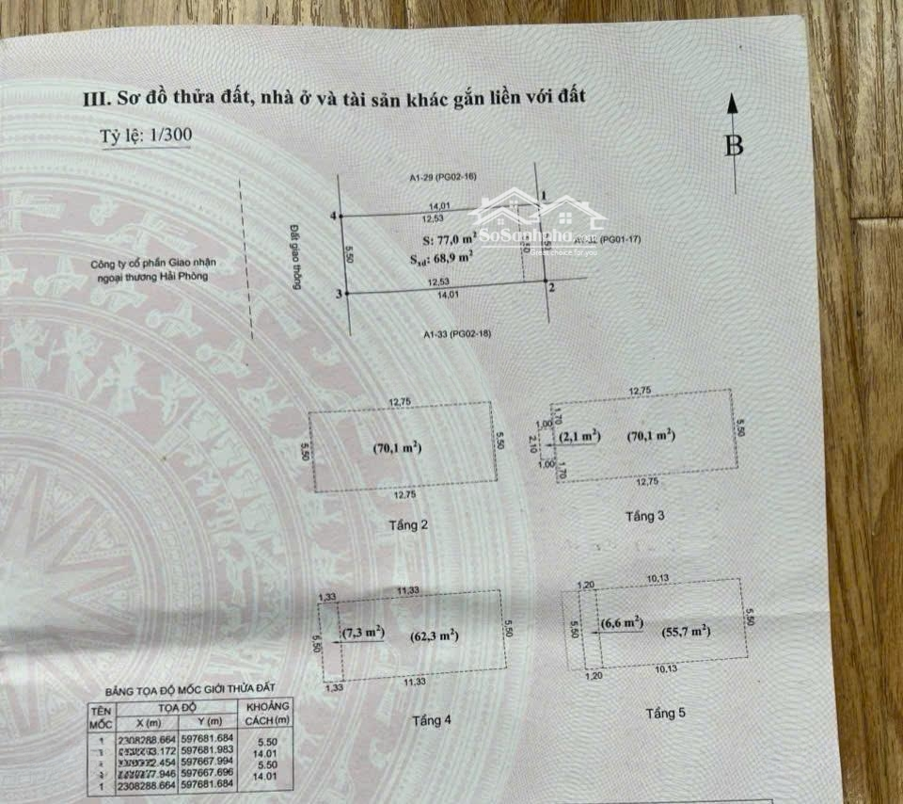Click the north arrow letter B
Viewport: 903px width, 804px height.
point(734,145)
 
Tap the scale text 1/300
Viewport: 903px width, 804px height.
point(170,136)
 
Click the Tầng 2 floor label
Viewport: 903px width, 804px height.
point(407,524)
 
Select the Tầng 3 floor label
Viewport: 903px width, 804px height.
point(645,517)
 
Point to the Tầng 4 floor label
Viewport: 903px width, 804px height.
point(432,720)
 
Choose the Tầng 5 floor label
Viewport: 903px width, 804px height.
point(665,713)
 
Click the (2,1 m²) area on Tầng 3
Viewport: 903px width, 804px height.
point(580,438)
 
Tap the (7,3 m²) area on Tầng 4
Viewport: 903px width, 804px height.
point(363,634)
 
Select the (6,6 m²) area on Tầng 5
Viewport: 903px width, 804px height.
point(622,622)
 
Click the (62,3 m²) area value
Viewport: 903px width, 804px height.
point(434,635)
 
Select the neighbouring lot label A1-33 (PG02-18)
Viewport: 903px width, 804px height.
point(458,333)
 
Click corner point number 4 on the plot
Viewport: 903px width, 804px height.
point(335,217)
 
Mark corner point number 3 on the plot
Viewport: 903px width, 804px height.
point(339,294)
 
